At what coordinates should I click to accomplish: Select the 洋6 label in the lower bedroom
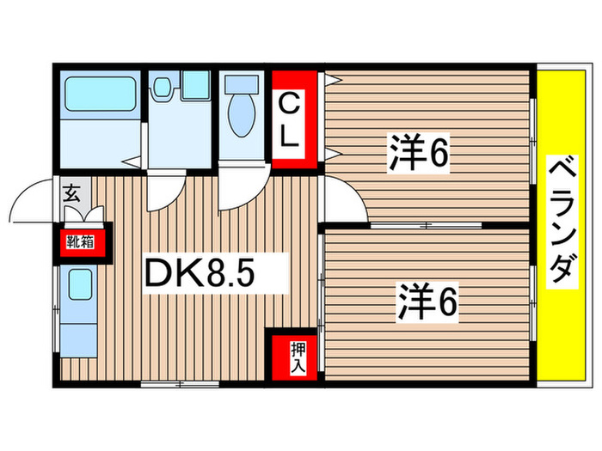426,302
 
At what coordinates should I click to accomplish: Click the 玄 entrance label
71,193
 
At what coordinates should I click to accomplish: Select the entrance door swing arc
36,202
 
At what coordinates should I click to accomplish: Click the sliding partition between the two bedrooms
426,225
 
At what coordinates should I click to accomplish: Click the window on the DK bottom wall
168,384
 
